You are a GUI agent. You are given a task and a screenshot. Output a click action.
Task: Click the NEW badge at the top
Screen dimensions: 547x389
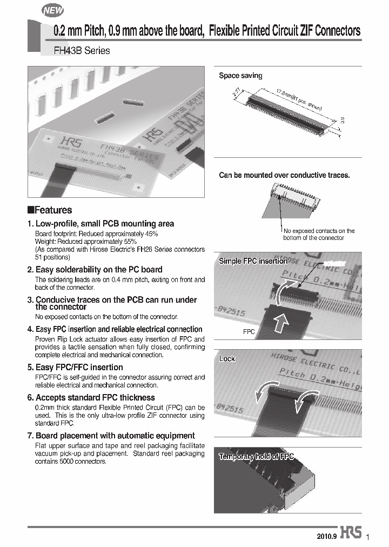(x=53, y=10)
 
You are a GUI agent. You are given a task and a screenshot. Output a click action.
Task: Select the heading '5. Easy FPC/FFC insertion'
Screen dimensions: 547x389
(x=79, y=367)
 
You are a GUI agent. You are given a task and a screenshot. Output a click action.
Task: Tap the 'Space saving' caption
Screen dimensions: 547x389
(x=240, y=76)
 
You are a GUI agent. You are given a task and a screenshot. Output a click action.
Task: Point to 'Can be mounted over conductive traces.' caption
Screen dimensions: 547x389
(x=284, y=175)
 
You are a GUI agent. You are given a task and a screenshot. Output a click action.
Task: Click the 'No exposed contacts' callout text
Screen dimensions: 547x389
(x=319, y=234)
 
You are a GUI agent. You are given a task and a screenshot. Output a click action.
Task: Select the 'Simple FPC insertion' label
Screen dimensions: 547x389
(x=253, y=261)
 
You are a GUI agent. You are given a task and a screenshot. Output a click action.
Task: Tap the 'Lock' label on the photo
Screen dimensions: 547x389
(x=227, y=358)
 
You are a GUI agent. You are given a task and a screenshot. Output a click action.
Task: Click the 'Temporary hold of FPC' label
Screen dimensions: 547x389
(x=256, y=457)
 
